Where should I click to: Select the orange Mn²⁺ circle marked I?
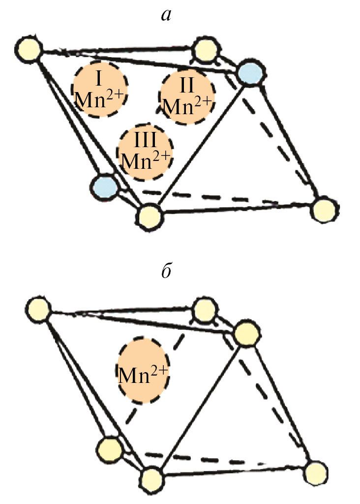(100, 90)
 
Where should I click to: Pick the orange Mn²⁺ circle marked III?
(146, 151)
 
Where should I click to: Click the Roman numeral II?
(187, 85)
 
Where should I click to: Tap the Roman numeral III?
(146, 140)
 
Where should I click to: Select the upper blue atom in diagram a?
(249, 74)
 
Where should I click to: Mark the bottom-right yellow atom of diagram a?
(324, 209)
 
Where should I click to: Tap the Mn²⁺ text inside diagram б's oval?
(143, 377)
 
